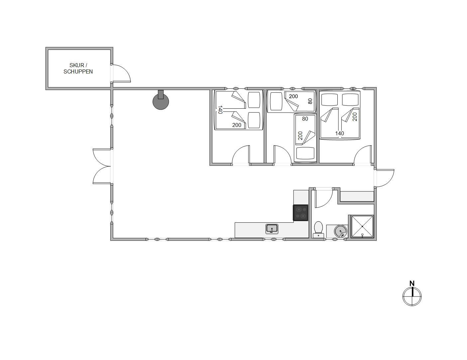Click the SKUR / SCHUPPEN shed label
coord(78,68)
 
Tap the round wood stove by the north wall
coord(161,101)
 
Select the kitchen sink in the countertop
coord(272,229)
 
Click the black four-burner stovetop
coord(301,212)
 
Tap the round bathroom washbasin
coord(341,231)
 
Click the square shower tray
coord(362,226)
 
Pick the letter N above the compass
coord(412,284)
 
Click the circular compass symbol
coord(412,297)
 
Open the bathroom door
coord(323,198)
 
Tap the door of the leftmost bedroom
coord(241,155)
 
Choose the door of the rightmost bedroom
coord(363,155)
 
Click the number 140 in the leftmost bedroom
coord(220,110)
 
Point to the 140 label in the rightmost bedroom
coord(340,134)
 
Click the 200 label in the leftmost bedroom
coord(237,125)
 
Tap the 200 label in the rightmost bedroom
coord(355,117)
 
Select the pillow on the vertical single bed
coord(305,153)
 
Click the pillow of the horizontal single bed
coord(276,101)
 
